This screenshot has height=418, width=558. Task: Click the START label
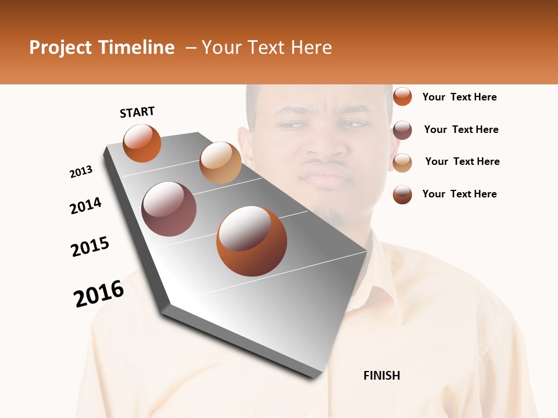coord(137,112)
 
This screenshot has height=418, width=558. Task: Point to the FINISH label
coord(381,376)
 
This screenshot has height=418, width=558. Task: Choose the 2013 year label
coord(81,172)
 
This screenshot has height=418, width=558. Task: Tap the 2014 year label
coord(85,206)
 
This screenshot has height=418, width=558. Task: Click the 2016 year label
coord(99,294)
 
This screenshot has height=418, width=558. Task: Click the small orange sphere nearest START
coord(142,143)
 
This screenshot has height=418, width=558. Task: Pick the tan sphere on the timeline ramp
coord(220,163)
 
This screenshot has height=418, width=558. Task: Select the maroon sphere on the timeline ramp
coord(169,209)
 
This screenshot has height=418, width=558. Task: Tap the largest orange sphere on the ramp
coord(251,241)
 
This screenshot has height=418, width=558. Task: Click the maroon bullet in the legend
coord(402,130)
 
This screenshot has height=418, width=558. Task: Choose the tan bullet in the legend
coord(402,163)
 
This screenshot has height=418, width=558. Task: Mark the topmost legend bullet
coord(402,96)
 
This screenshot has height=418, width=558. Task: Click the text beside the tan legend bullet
coord(462,161)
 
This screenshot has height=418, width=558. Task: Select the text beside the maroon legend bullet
coord(461,129)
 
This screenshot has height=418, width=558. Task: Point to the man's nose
coord(325,148)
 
